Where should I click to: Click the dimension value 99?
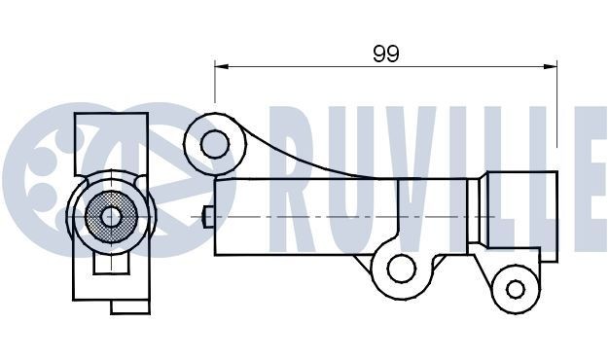tap(386, 54)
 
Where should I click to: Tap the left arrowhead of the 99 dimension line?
tap(220, 66)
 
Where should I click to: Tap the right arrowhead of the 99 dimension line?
tap(552, 66)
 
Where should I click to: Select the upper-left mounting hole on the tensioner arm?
tap(214, 144)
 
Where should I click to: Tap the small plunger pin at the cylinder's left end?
tap(205, 215)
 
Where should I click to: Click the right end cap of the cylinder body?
tap(523, 215)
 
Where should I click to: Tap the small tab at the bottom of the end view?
tap(128, 305)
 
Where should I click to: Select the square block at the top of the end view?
tap(112, 141)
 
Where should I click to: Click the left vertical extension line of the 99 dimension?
tap(215, 83)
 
